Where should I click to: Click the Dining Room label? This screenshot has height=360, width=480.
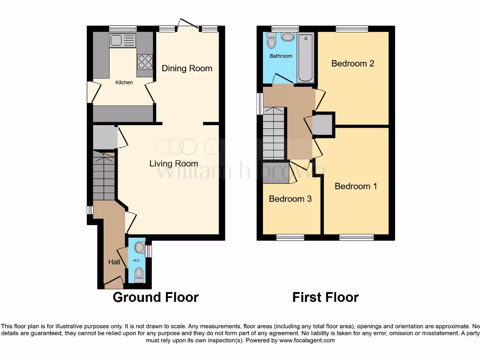pyautogui.click(x=187, y=68)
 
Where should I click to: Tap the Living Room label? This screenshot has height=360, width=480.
pyautogui.click(x=174, y=164)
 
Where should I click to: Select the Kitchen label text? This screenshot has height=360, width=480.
pyautogui.click(x=124, y=82)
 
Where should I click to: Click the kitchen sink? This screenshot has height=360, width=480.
pyautogui.click(x=123, y=40)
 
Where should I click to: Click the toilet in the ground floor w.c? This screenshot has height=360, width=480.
pyautogui.click(x=138, y=274)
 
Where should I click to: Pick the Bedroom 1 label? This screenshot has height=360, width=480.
pyautogui.click(x=356, y=187)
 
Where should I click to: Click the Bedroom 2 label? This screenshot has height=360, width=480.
pyautogui.click(x=352, y=64)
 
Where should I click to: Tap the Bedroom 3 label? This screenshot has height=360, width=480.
pyautogui.click(x=290, y=199)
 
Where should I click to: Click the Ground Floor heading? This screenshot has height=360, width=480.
pyautogui.click(x=156, y=297)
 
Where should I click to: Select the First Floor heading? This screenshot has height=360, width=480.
pyautogui.click(x=325, y=297)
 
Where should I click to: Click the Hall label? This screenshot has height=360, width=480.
pyautogui.click(x=114, y=262)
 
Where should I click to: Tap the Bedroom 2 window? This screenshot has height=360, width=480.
pyautogui.click(x=352, y=29)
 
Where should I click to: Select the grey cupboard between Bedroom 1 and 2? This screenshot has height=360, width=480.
pyautogui.click(x=322, y=124)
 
